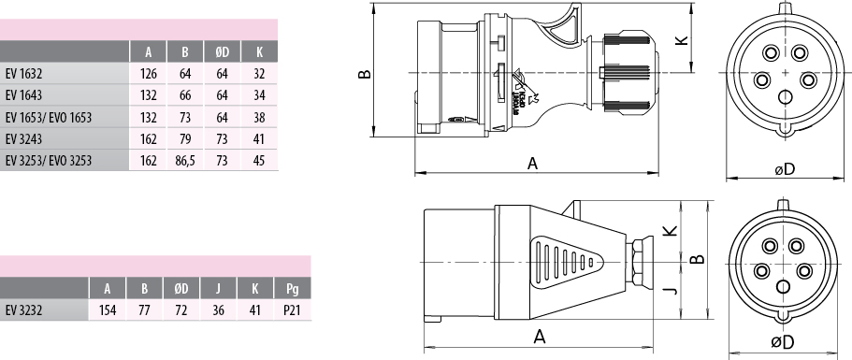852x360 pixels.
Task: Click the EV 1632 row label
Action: [23, 73]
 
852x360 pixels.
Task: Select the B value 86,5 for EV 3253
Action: [185, 161]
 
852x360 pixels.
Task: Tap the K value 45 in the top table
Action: [259, 161]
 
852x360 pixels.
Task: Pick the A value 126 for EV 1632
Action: [149, 73]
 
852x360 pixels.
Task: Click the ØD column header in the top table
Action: [223, 52]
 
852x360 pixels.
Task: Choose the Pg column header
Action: [293, 288]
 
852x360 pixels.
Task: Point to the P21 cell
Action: [293, 310]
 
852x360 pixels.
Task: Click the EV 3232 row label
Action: [23, 310]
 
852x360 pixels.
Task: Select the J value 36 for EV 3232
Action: [218, 310]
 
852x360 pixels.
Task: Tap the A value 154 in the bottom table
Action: [108, 310]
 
